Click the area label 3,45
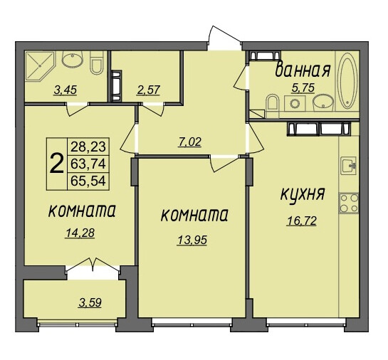tap(65, 90)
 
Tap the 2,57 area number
tap(148, 90)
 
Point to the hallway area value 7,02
tap(189, 142)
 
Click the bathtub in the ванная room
tap(347, 80)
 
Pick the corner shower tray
tap(40, 65)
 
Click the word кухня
tap(303, 194)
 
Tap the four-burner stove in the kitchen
tap(349, 203)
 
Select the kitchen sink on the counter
tap(348, 166)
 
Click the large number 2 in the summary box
tap(57, 164)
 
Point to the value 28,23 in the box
tap(88, 146)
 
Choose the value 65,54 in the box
tap(88, 181)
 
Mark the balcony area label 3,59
tap(90, 303)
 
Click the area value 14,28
tap(80, 233)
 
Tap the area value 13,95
tap(192, 240)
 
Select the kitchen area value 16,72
tap(302, 221)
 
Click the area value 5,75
tap(303, 88)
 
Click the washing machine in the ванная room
tap(295, 104)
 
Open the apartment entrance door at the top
tap(224, 38)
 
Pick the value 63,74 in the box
tap(88, 164)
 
